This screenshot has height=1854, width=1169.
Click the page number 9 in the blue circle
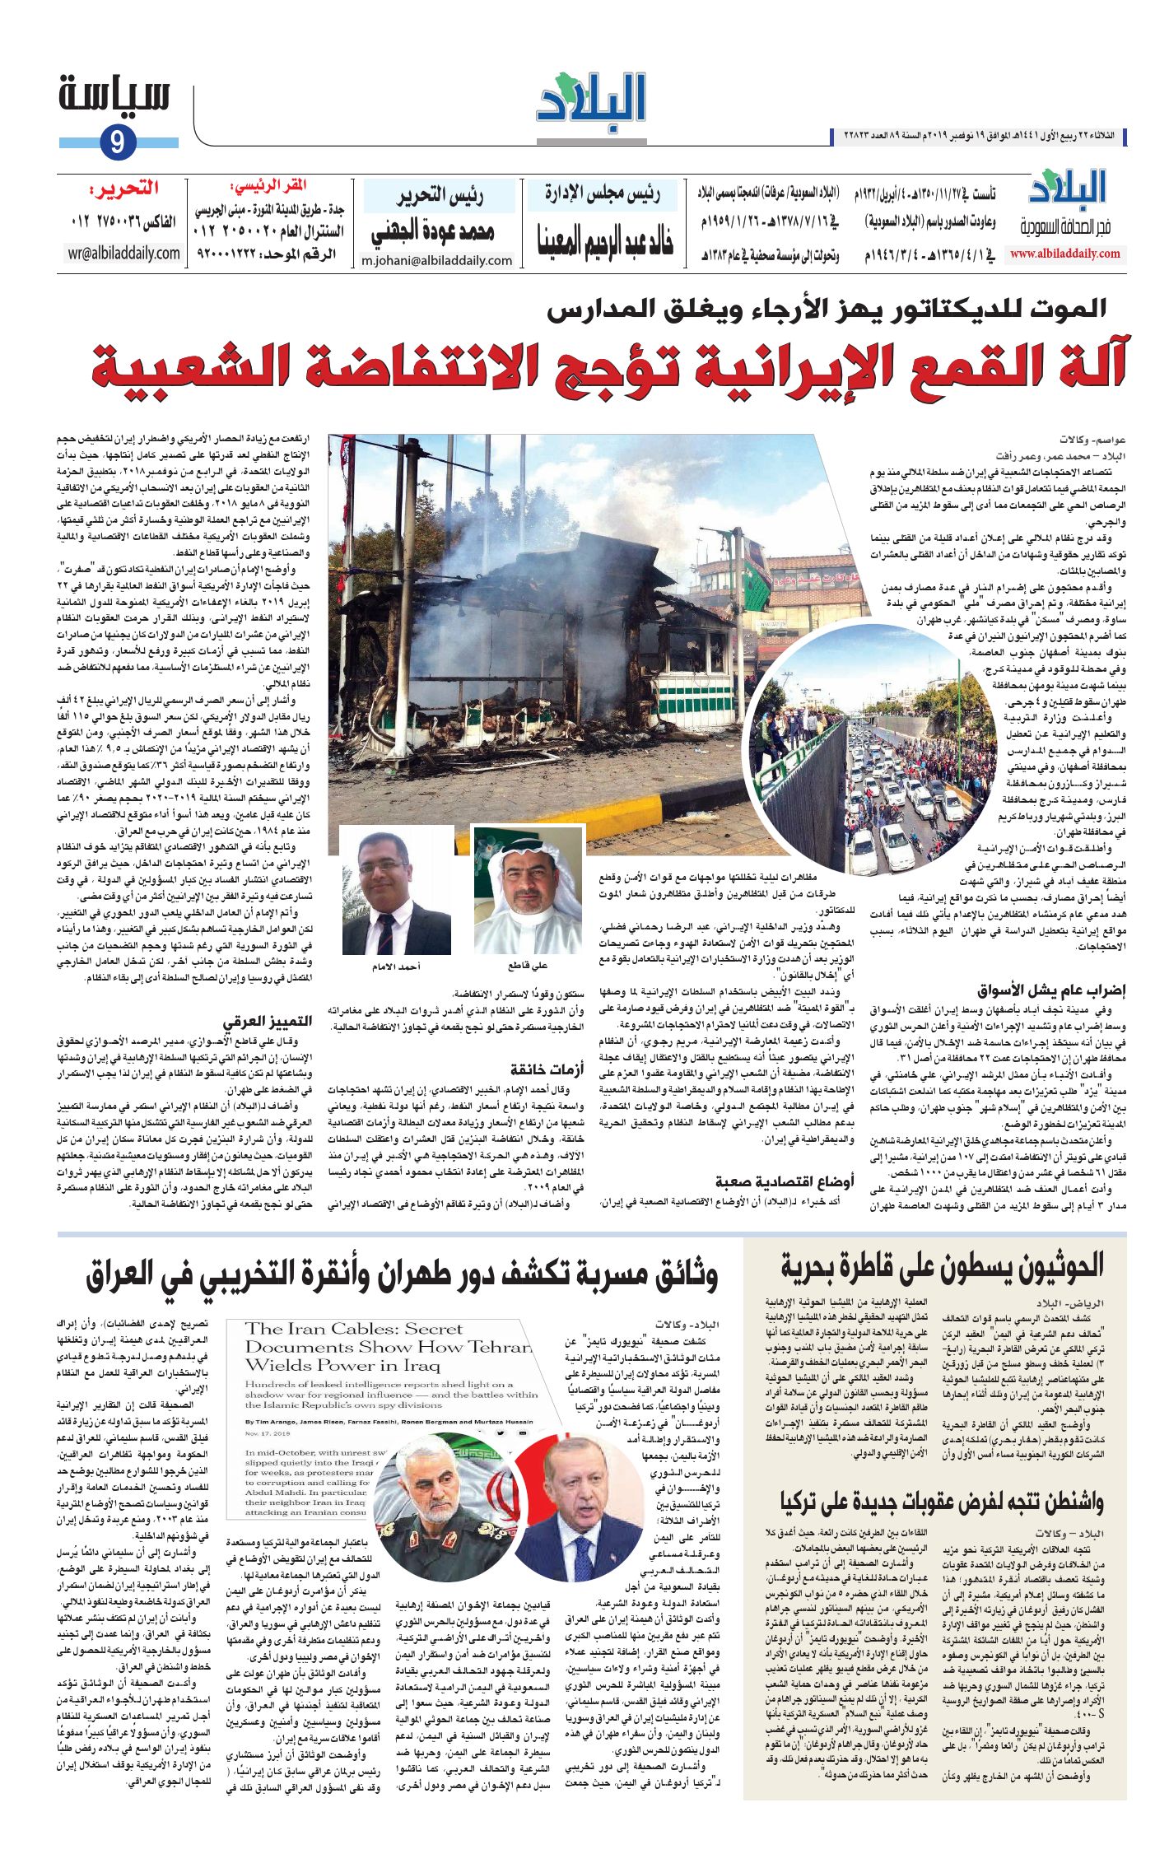tap(117, 143)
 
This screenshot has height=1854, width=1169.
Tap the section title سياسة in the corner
tap(114, 95)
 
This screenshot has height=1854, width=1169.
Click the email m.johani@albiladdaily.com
tap(437, 261)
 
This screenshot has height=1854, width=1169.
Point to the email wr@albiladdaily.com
tap(123, 254)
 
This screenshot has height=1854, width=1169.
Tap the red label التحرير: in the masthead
tap(124, 191)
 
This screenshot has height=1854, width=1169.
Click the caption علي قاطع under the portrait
tap(528, 966)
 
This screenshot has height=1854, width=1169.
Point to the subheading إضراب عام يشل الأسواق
tap(1050, 990)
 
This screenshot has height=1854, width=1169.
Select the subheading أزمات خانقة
tap(547, 1069)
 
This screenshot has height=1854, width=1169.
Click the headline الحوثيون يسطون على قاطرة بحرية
tap(942, 1267)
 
